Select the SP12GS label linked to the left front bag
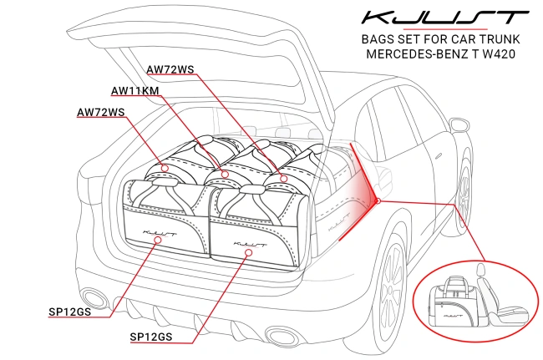[74, 312]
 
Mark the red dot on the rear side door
[378, 200]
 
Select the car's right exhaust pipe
[278, 335]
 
